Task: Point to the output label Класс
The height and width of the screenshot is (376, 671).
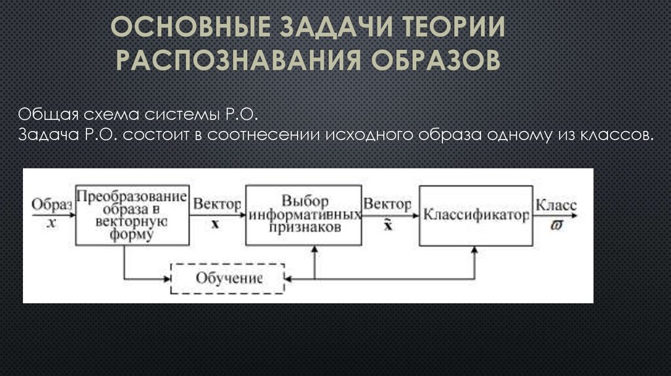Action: point(556,204)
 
